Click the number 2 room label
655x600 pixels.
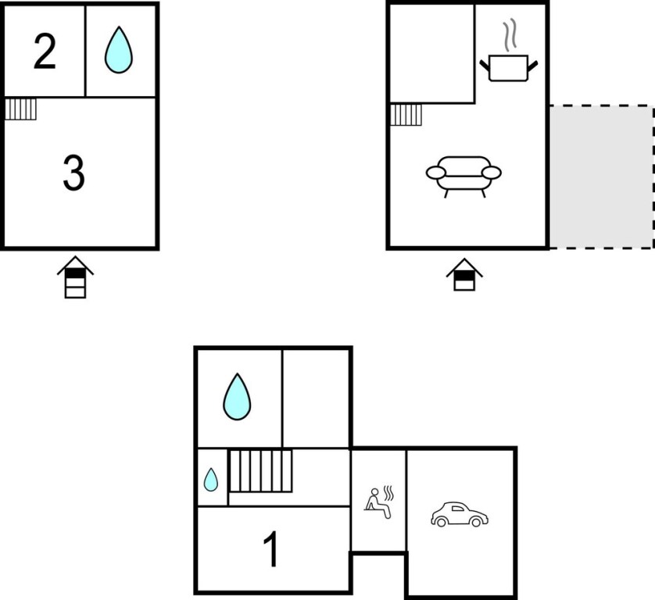tap(45, 52)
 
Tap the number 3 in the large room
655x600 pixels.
tap(74, 173)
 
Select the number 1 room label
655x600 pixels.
tap(271, 548)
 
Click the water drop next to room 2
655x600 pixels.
tap(119, 50)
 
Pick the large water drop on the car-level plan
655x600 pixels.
tap(237, 397)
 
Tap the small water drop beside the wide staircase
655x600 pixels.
tap(210, 480)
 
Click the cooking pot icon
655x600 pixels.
tap(508, 68)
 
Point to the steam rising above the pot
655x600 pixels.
tap(510, 35)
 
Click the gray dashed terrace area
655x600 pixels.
tap(602, 177)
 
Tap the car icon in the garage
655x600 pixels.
tap(460, 514)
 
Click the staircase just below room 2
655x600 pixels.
tap(21, 109)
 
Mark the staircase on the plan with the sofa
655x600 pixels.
tap(406, 115)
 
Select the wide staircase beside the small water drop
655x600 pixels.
tap(260, 470)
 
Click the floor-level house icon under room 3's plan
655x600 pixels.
tap(76, 277)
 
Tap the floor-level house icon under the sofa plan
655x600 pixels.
tap(464, 275)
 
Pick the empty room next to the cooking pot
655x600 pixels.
tap(432, 53)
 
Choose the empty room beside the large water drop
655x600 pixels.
tap(316, 398)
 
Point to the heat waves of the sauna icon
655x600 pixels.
tap(389, 493)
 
